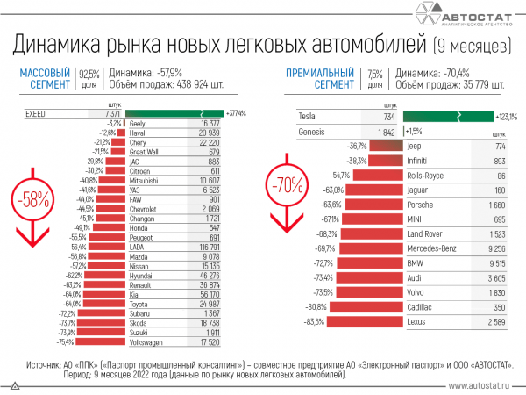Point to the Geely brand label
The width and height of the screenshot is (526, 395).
137,125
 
